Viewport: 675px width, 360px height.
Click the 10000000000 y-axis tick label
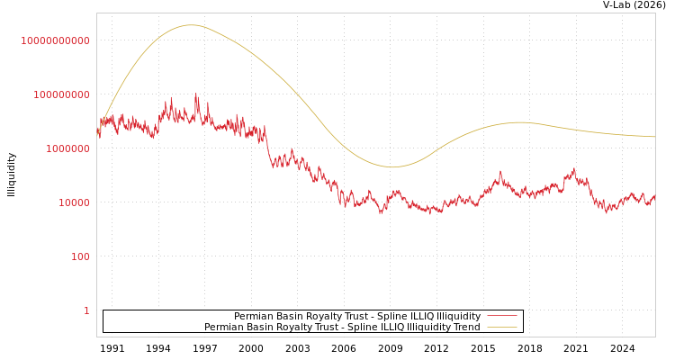[55, 40]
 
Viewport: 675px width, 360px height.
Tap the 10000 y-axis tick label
[75, 202]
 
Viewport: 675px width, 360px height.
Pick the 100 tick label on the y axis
[80, 256]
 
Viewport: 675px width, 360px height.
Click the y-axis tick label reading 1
[87, 310]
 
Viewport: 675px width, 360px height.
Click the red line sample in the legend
[502, 317]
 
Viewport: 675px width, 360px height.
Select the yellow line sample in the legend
[502, 328]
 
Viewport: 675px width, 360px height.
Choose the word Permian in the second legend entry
[225, 328]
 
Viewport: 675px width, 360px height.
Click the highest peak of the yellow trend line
[192, 25]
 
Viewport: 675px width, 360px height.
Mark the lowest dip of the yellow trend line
[392, 166]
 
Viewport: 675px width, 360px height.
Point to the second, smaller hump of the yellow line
[520, 122]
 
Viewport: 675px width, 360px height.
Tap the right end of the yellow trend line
[654, 137]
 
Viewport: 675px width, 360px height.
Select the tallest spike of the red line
[197, 94]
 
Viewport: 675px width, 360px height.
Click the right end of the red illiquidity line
[654, 195]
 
